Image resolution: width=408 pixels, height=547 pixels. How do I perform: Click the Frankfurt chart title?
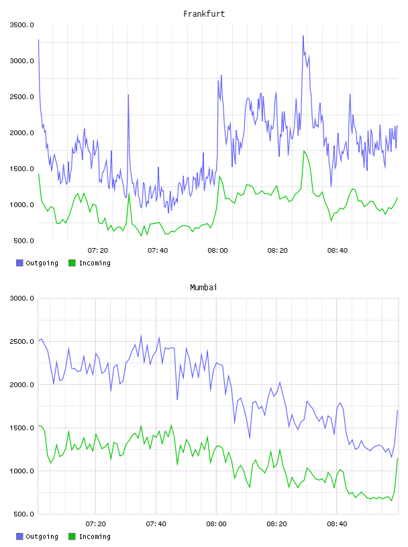[204, 14]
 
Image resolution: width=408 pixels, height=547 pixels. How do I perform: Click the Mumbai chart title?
[203, 288]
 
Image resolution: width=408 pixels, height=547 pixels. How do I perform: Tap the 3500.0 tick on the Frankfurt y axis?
[21, 25]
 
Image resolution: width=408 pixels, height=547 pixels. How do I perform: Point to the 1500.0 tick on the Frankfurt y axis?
[21, 169]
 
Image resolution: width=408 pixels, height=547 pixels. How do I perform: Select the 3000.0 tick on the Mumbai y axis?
[21, 298]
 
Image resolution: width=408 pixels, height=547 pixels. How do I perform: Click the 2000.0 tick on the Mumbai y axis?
[21, 385]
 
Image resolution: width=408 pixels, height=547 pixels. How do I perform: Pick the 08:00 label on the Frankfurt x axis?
[217, 251]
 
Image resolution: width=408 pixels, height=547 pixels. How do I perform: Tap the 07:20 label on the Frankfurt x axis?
[98, 251]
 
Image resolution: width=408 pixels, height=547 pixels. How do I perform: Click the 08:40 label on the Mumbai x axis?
[337, 524]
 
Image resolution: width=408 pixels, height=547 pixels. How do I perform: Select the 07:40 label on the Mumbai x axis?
[156, 524]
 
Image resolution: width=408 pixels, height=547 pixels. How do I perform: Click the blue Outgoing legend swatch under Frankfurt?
[19, 263]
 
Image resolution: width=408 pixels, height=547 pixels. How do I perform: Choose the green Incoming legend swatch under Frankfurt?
[72, 263]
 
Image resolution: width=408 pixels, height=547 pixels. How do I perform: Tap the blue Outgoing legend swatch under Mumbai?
[19, 536]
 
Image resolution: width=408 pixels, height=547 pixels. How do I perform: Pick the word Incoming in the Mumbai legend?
[95, 537]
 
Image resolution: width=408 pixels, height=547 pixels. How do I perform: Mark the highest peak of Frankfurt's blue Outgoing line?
[303, 36]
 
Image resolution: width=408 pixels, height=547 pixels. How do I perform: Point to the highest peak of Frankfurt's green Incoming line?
[304, 151]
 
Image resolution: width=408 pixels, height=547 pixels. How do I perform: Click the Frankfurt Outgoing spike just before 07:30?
[128, 95]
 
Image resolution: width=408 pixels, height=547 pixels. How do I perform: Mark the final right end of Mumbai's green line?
[397, 459]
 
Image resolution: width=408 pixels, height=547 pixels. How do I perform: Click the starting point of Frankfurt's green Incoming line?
[38, 174]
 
